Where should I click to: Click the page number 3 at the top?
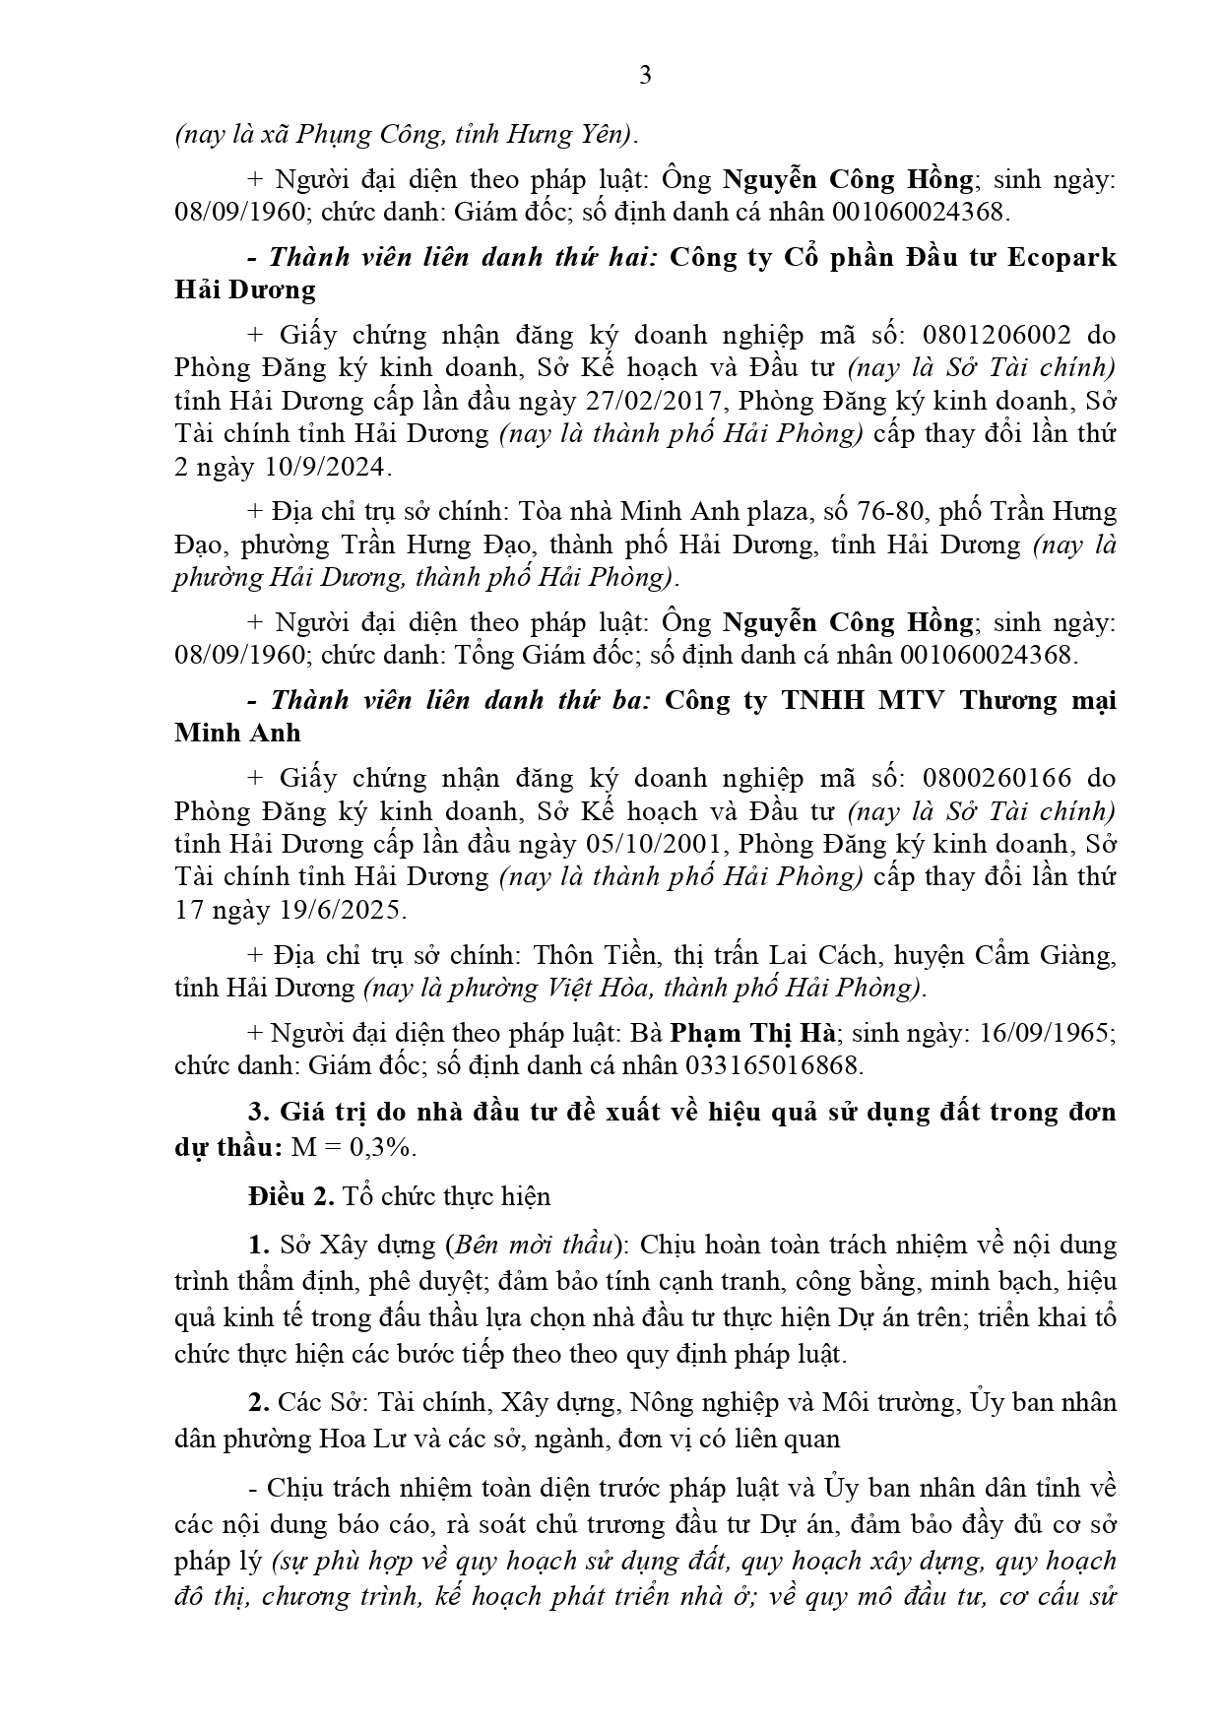point(645,75)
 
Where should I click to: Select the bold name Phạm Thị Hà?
point(753,1033)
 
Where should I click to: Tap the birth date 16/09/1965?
point(1041,1033)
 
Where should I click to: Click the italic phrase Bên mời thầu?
point(531,1245)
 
